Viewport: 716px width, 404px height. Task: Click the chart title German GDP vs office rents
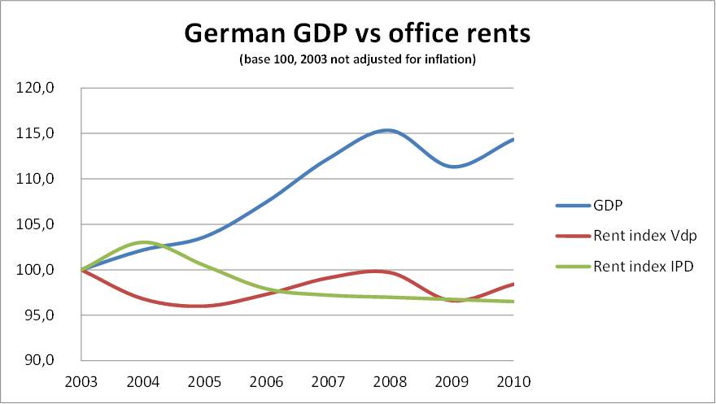pyautogui.click(x=358, y=33)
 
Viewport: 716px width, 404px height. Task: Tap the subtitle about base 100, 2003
pyautogui.click(x=357, y=59)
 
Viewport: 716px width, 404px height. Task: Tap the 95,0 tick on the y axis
pyautogui.click(x=39, y=315)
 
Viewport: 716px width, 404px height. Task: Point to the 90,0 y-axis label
pyautogui.click(x=39, y=361)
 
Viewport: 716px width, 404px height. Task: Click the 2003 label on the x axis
pyautogui.click(x=81, y=381)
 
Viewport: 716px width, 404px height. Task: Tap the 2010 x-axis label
pyautogui.click(x=513, y=381)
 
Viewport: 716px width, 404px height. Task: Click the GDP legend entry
pyautogui.click(x=610, y=205)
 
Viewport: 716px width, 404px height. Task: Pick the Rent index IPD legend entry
pyautogui.click(x=643, y=266)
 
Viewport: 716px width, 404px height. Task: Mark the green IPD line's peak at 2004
pyautogui.click(x=144, y=242)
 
